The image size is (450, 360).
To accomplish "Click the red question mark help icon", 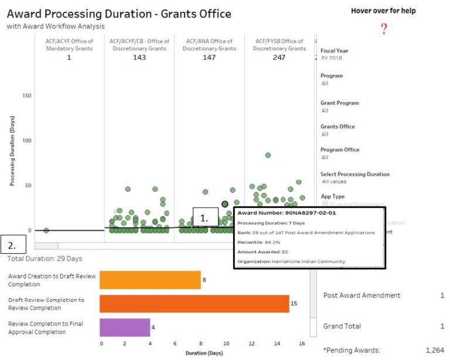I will pos(384,29).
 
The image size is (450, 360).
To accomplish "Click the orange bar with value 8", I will pos(150,280).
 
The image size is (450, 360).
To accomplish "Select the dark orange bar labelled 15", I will pos(194,304).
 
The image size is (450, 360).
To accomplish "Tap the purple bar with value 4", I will pos(125,327).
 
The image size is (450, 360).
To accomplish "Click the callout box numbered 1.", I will pos(205,218).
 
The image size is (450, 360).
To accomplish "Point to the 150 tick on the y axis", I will pos(27,96).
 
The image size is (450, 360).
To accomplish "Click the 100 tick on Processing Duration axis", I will pos(27,141).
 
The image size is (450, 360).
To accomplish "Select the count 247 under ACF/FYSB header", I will pos(279,57).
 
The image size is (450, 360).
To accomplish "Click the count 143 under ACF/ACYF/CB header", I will pos(139,57).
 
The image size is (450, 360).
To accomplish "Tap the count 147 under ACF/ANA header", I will pos(209,57).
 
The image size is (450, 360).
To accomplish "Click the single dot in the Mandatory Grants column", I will pos(46,230).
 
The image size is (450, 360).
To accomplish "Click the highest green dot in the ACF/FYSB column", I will pos(268,155).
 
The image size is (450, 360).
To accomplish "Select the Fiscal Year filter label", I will pos(335,51).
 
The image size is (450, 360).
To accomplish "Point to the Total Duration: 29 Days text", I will pos(45,259).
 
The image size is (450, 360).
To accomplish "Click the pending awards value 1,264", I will pos(434,350).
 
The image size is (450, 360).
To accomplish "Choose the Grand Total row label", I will pos(342,326).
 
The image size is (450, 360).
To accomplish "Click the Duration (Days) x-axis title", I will pos(204,354).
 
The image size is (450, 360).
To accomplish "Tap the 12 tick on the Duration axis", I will pos(251,344).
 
